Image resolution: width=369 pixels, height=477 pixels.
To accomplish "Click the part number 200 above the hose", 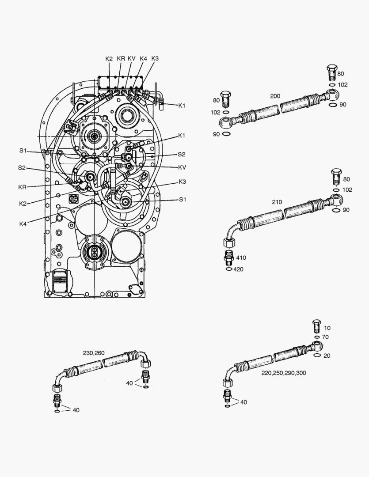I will pyautogui.click(x=275, y=96).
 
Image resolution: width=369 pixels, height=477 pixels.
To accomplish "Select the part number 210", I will pyautogui.click(x=277, y=202).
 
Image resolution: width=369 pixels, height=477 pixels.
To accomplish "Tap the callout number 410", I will pyautogui.click(x=241, y=257).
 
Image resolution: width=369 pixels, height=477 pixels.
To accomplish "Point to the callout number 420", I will pyautogui.click(x=238, y=269).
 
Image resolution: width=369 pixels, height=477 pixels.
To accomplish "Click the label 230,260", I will pyautogui.click(x=94, y=353).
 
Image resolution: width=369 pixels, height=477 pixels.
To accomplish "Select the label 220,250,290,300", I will pyautogui.click(x=284, y=373).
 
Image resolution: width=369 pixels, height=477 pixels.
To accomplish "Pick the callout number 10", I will pyautogui.click(x=327, y=328).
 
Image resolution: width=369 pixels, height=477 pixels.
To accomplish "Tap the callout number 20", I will pyautogui.click(x=327, y=356).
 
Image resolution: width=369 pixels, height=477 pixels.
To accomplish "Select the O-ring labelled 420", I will pyautogui.click(x=228, y=268).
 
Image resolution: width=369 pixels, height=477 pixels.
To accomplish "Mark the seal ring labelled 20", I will pyautogui.click(x=316, y=354).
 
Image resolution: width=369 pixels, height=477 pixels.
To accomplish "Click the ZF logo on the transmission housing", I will pyautogui.click(x=73, y=199).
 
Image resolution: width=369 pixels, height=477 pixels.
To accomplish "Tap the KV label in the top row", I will pyautogui.click(x=132, y=58).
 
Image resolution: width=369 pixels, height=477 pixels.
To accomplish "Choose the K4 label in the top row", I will pyautogui.click(x=144, y=58).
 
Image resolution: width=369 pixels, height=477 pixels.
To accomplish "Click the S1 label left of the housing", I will pyautogui.click(x=23, y=151).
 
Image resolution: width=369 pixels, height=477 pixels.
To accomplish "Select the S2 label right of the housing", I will pyautogui.click(x=182, y=154).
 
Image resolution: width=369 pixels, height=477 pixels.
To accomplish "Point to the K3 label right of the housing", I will pyautogui.click(x=183, y=182).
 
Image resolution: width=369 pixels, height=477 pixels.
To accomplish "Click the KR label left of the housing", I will pyautogui.click(x=23, y=187).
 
